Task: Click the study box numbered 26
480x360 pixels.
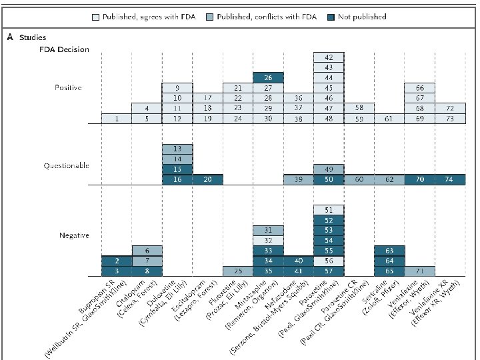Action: [268, 77]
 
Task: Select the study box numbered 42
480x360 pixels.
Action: [329, 57]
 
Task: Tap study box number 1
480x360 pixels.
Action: [116, 119]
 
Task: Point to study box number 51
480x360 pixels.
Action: [329, 210]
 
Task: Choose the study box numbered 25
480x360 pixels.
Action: [238, 271]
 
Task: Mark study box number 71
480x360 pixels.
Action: [420, 271]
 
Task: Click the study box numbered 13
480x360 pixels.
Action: [177, 149]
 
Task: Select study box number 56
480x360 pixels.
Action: [329, 261]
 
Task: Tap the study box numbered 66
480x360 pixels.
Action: [420, 88]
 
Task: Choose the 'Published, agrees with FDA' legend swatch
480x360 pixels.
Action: [96, 17]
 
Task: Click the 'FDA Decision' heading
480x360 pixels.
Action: [64, 50]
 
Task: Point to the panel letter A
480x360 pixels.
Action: [9, 38]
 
